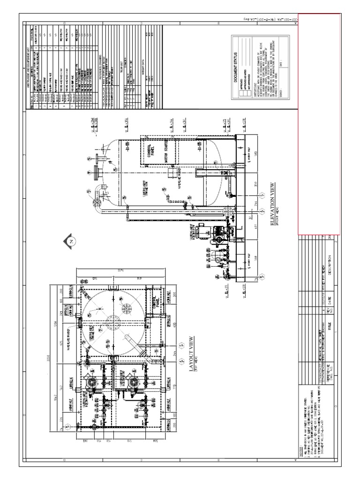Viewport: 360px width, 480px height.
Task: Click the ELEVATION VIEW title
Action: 271,204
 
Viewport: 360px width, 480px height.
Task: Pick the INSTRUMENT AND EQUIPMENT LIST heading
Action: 26,68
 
